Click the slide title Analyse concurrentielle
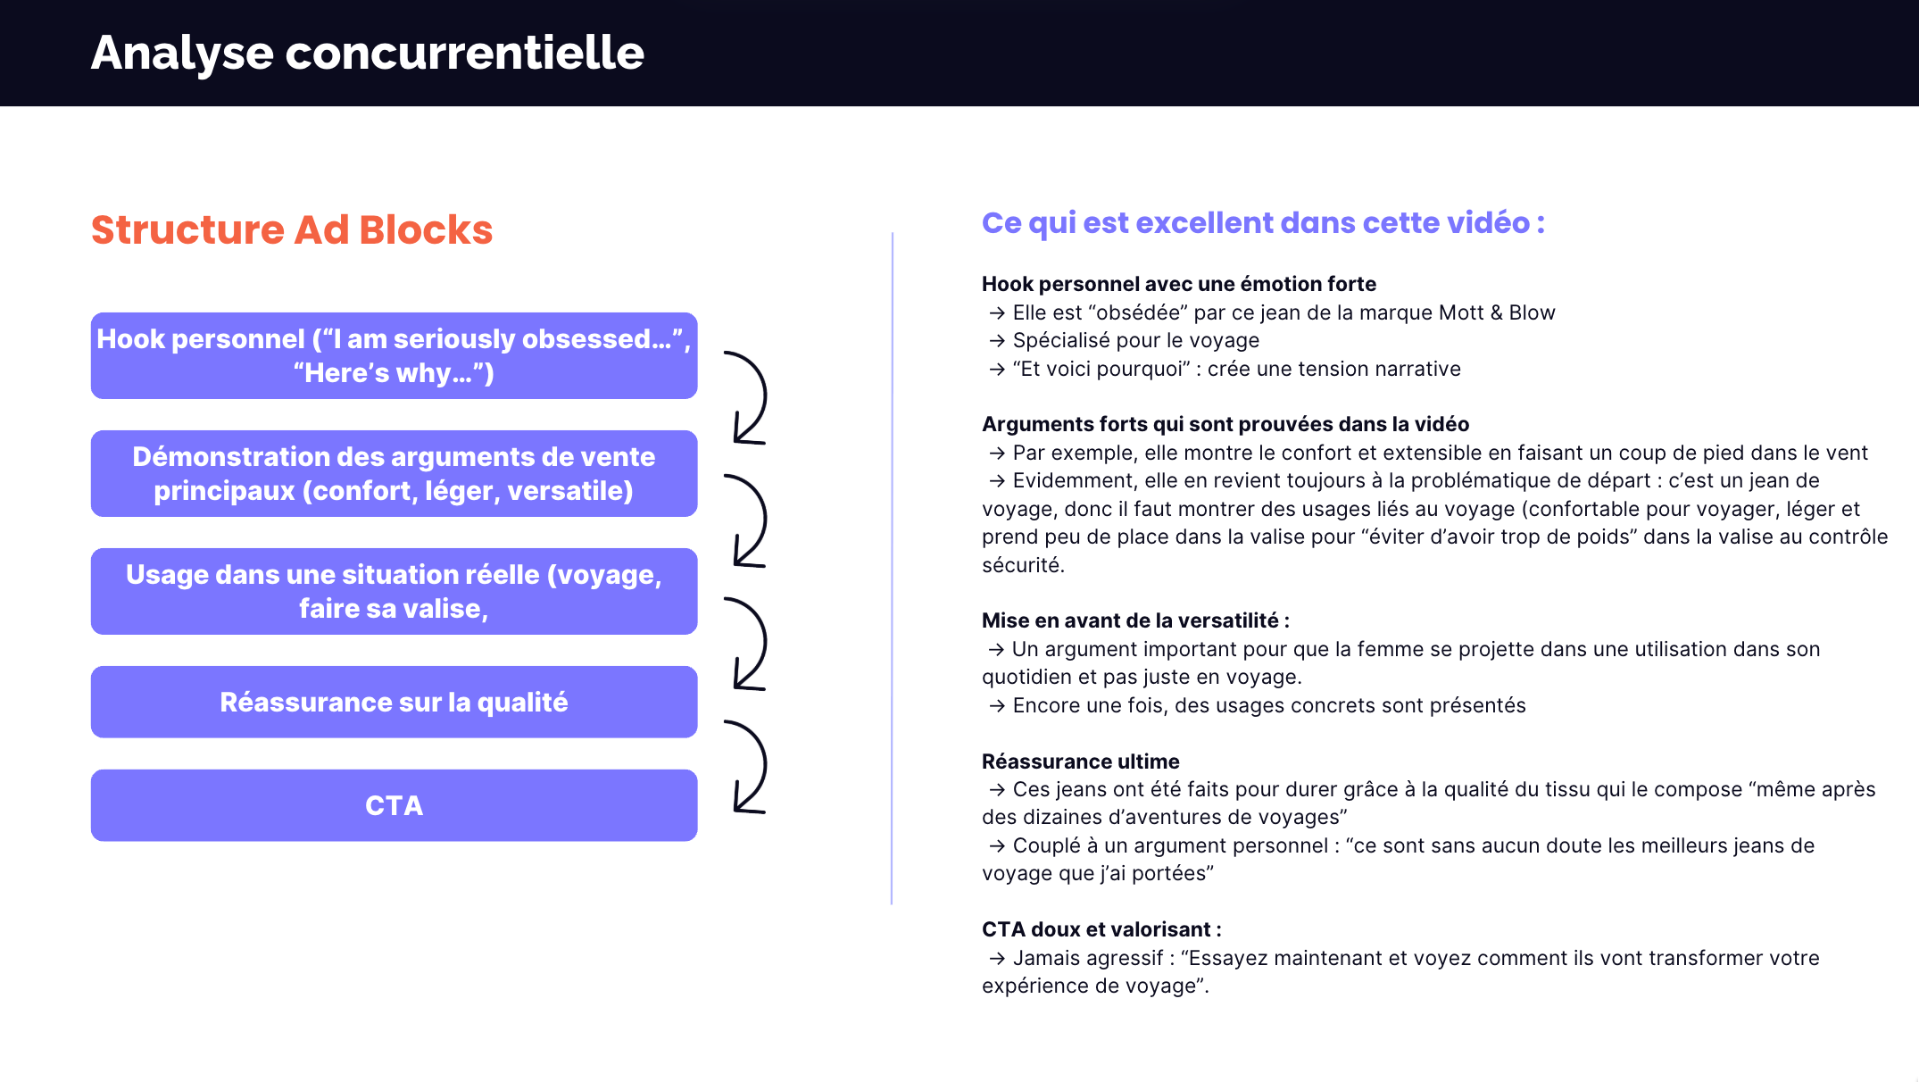coord(367,53)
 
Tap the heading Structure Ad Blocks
coord(292,229)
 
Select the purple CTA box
coord(394,805)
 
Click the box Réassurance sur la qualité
coord(394,703)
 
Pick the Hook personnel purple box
coord(394,355)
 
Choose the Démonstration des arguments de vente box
coord(394,473)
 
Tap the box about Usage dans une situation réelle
coord(394,591)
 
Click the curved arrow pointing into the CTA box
coord(749,767)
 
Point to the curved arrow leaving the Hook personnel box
coord(749,398)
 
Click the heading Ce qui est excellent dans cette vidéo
coord(1262,222)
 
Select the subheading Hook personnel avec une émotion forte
coord(1178,284)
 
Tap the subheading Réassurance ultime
coord(1080,762)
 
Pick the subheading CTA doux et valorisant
coord(1101,929)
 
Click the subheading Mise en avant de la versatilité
coord(1134,620)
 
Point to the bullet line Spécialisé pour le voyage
coord(1135,340)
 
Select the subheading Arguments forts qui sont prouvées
coord(1225,424)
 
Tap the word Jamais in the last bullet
coord(1043,958)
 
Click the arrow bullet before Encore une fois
coord(997,706)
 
